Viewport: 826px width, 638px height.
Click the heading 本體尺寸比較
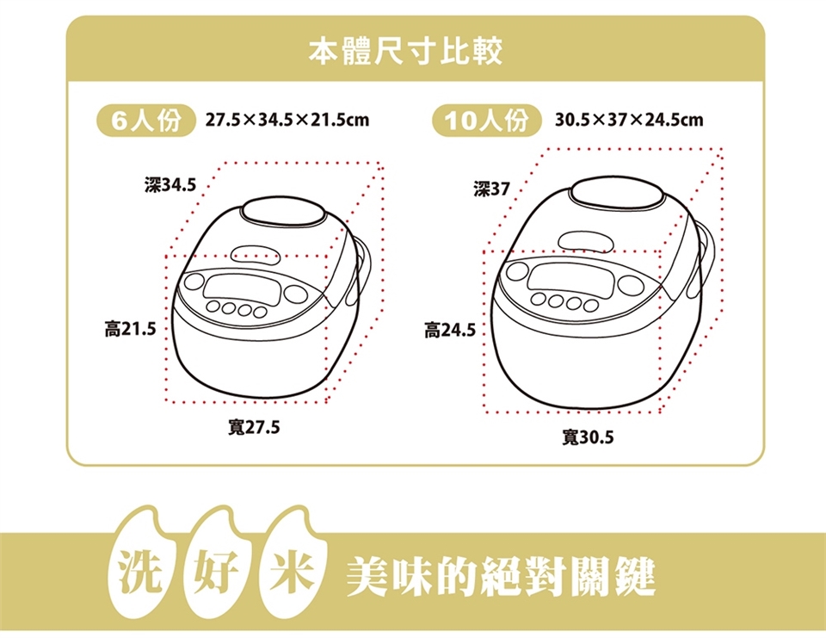coord(405,51)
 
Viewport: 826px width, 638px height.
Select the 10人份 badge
coord(487,121)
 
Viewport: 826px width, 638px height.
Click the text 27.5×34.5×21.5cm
coord(287,121)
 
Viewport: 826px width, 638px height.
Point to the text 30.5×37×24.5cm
coord(629,121)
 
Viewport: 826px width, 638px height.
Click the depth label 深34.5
coord(170,185)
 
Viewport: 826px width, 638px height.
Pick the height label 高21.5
coord(131,329)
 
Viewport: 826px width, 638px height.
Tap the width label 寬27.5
coord(254,427)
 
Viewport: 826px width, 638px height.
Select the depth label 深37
coord(491,189)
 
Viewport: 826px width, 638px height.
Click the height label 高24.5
coord(450,331)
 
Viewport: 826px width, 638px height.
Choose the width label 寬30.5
coord(588,437)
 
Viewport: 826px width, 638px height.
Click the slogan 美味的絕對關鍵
coord(501,576)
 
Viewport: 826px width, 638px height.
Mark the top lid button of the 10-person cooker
coord(616,192)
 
